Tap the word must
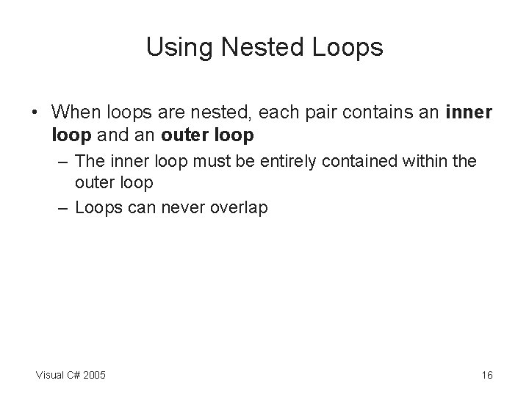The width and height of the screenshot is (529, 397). point(219,161)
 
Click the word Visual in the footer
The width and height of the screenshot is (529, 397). point(50,376)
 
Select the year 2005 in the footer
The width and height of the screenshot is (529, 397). point(93,376)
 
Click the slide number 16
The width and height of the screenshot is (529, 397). point(486,376)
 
